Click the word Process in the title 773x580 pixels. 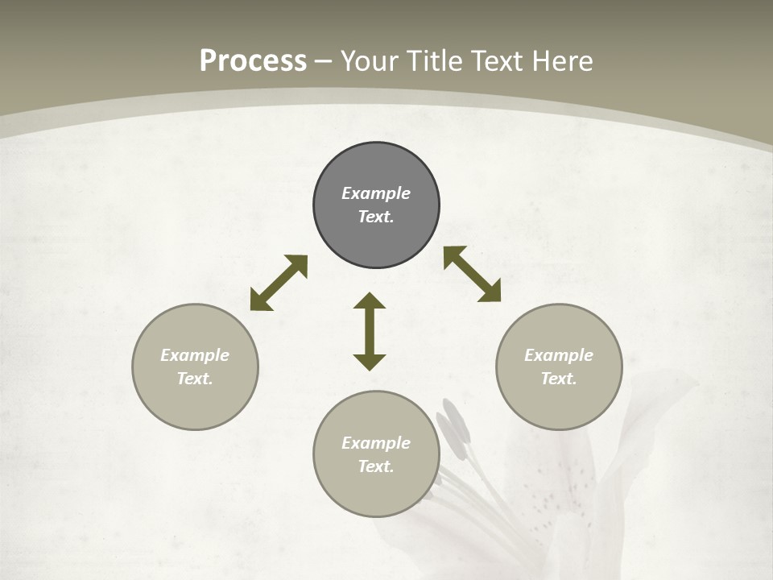pos(253,61)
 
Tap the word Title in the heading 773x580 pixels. pos(438,61)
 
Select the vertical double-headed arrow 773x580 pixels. pos(370,331)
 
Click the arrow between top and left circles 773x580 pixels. pos(279,283)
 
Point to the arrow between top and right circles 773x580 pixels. pos(472,274)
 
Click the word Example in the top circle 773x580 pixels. pos(376,193)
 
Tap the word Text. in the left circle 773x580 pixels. pos(195,379)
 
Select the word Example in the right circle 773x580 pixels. pos(559,355)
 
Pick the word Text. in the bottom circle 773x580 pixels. pos(376,466)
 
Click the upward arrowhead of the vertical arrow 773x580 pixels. pos(370,300)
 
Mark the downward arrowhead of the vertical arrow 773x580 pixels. pos(370,362)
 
